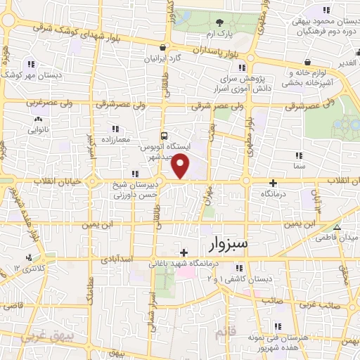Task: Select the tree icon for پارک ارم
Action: point(219,23)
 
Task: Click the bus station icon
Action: point(164,136)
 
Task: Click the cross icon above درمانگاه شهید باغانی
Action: point(184,252)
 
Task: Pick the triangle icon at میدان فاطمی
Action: point(337,226)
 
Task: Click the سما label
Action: point(300,165)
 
